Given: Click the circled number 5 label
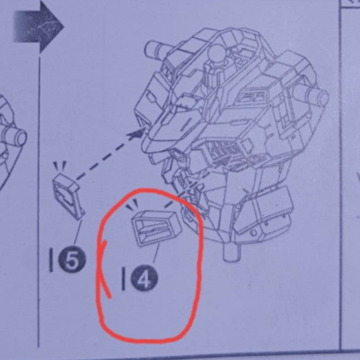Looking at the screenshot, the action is [72, 260].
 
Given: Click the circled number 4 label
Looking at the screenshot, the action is [144, 278].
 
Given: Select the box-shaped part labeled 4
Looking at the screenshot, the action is [157, 227].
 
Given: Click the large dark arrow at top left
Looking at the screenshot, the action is [38, 27].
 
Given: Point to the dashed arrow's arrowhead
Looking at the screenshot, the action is [137, 133].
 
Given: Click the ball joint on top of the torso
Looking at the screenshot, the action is [216, 53].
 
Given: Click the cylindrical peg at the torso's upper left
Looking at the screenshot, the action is [156, 48].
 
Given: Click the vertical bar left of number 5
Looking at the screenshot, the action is [51, 261].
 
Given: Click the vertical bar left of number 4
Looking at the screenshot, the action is [124, 278].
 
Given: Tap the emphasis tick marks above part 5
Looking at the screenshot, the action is [60, 165].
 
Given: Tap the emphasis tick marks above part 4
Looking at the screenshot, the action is [133, 204].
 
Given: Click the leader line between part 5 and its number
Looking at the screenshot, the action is [78, 232].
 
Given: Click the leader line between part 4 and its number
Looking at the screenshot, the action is [156, 253].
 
